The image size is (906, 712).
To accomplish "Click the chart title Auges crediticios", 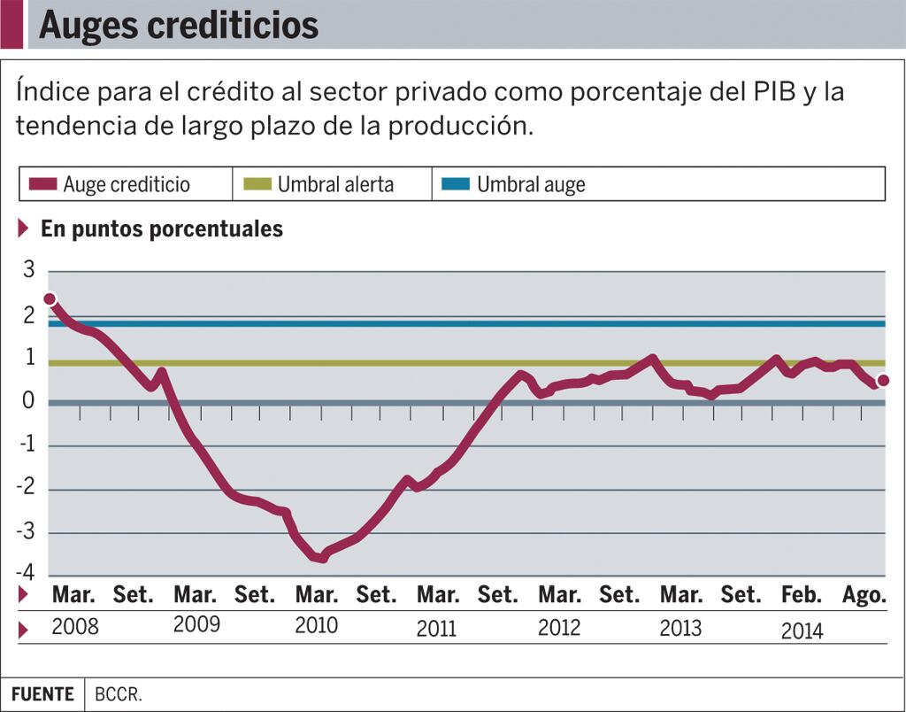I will click(x=178, y=25).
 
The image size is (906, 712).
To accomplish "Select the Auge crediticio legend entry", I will click(x=126, y=184).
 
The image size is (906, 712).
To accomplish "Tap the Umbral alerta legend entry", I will click(x=334, y=184).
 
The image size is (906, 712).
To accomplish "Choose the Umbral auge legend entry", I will click(x=530, y=184).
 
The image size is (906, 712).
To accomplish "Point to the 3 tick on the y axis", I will click(x=29, y=271).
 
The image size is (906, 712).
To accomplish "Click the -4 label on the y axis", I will click(x=27, y=573).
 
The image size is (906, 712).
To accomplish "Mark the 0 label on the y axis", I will click(x=29, y=402).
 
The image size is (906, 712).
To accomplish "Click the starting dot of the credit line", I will click(x=50, y=299).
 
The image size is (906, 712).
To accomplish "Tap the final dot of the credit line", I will click(x=882, y=381).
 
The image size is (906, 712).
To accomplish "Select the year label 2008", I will click(x=75, y=628).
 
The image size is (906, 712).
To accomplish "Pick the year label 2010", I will click(x=316, y=625).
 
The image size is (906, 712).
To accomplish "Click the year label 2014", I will click(x=802, y=631).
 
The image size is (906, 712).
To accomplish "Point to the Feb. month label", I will click(x=802, y=595).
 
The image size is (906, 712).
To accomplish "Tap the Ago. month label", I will click(x=864, y=595).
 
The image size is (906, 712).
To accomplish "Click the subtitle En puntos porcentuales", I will click(x=162, y=228).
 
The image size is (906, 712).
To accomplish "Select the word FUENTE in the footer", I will click(x=42, y=694).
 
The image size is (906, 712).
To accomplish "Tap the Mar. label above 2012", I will click(x=559, y=595).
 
